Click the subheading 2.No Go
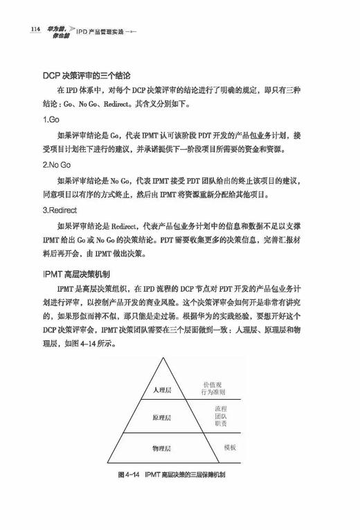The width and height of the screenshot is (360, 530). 58,166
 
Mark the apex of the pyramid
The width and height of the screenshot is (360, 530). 165,358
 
